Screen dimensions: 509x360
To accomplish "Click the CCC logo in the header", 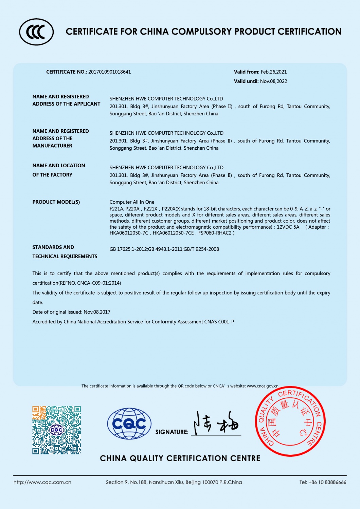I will (36, 32).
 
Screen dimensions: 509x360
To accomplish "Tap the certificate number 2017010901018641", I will (109, 72).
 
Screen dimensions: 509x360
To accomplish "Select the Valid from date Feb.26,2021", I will (274, 72).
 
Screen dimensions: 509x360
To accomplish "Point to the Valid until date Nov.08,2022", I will (273, 81).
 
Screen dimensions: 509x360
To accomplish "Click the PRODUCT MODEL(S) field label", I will (56, 202).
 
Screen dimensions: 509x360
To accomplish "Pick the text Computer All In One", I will (132, 202).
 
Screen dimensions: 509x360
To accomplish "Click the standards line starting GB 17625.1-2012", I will (164, 249).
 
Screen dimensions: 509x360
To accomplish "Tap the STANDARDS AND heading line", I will (53, 247).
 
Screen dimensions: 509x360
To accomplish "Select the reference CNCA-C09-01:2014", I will (99, 283).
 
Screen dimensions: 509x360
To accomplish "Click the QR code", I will (57, 430).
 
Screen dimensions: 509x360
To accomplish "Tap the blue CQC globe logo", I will (129, 424).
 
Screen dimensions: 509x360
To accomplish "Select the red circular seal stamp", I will (290, 421).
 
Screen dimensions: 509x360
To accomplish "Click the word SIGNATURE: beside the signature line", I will (172, 432).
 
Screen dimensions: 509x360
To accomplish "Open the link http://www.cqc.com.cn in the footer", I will (42, 482).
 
